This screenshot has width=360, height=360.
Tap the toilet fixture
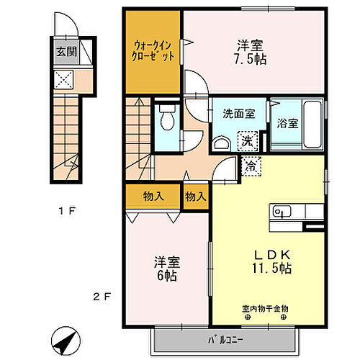(167, 120)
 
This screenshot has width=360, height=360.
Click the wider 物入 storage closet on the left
(153, 196)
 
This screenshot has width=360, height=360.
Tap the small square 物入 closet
(195, 196)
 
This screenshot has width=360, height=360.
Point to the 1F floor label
(68, 212)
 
